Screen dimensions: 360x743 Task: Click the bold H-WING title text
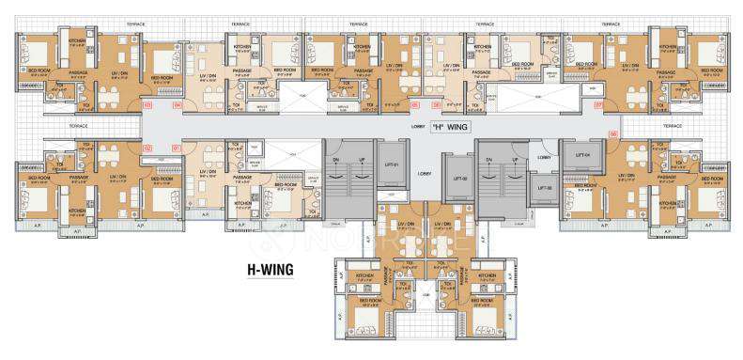point(271,270)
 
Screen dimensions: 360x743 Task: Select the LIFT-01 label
point(390,165)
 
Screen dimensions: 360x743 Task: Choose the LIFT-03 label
point(544,187)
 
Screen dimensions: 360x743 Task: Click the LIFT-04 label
point(581,154)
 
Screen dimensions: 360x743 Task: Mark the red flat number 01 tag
point(177,149)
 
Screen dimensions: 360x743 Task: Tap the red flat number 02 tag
point(147,149)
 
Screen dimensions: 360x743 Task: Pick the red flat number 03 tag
point(147,104)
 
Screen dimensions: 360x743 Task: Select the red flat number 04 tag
point(177,104)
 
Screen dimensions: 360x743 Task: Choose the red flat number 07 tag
point(598,104)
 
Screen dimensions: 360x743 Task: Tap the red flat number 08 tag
point(612,134)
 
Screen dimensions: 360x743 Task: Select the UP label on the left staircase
point(362,160)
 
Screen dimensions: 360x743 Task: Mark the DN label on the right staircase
point(488,160)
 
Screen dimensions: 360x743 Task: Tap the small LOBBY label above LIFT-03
point(544,157)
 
